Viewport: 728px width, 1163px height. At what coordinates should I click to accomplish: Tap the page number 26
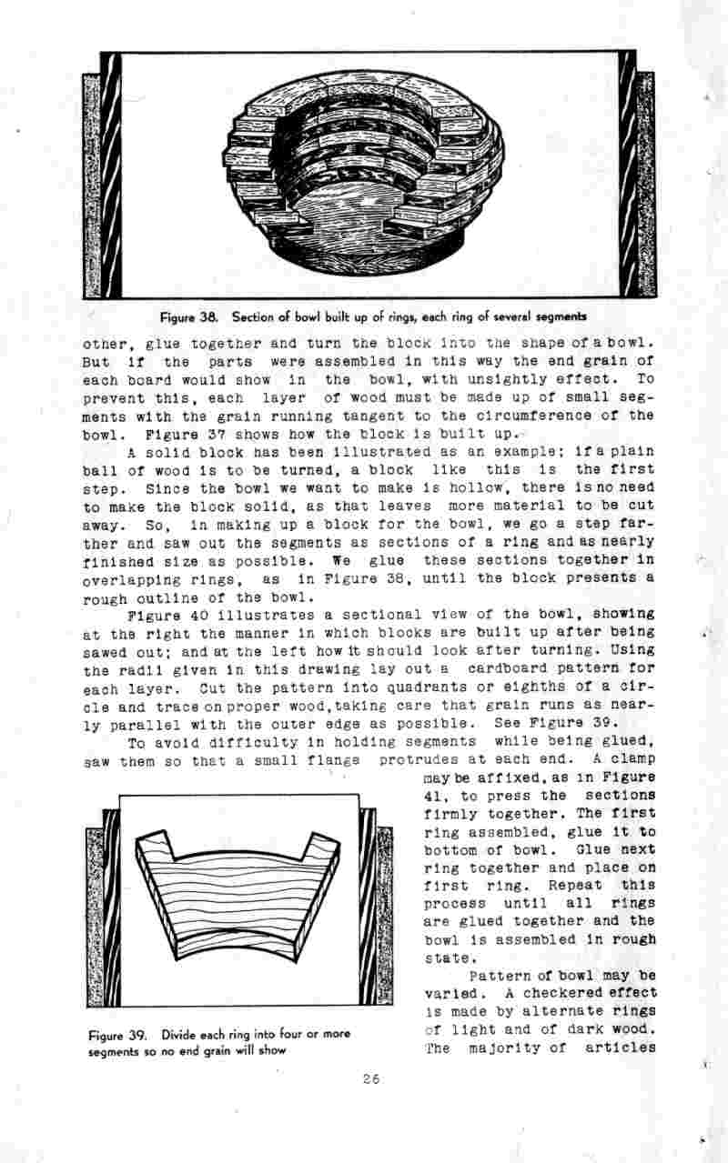369,1080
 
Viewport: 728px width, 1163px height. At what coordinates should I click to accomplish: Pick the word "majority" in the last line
500,1048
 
